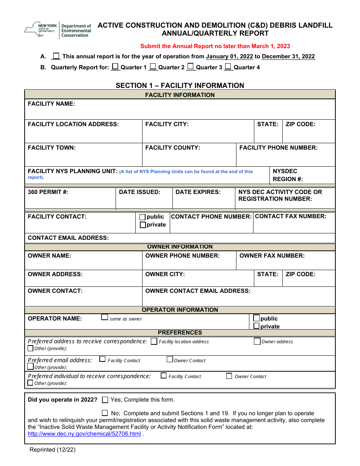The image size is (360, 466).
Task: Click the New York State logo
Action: pyautogui.click(x=58, y=30)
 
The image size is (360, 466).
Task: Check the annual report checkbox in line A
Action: pyautogui.click(x=56, y=56)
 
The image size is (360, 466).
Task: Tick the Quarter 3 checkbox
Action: pyautogui.click(x=191, y=67)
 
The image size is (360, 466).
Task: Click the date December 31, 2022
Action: pyautogui.click(x=288, y=56)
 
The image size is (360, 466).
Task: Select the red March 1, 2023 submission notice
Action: pyautogui.click(x=215, y=46)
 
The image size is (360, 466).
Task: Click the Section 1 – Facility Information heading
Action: pyautogui.click(x=180, y=85)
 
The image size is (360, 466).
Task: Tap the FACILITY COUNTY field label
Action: pyautogui.click(x=172, y=148)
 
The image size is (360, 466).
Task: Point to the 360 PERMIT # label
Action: pyautogui.click(x=48, y=192)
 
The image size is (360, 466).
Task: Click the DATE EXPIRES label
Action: pyautogui.click(x=198, y=192)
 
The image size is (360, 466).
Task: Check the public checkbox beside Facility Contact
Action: pyautogui.click(x=142, y=217)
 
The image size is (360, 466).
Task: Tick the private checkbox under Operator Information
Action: pyautogui.click(x=257, y=326)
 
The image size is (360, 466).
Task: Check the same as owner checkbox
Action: pyautogui.click(x=105, y=317)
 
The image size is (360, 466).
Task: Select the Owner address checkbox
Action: pyautogui.click(x=257, y=341)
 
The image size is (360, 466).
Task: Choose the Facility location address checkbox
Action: pyautogui.click(x=154, y=341)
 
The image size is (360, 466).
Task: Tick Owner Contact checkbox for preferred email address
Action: pyautogui.click(x=170, y=359)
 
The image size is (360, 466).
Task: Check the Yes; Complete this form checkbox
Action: pyautogui.click(x=105, y=400)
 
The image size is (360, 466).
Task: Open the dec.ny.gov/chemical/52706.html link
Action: pyautogui.click(x=84, y=434)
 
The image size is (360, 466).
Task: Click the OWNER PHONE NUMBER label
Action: pyautogui.click(x=182, y=256)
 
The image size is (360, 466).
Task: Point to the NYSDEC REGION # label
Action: pyautogui.click(x=288, y=175)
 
